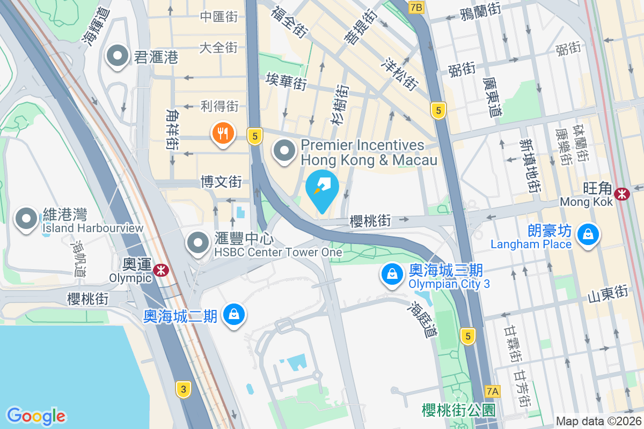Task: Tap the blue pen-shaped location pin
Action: (322, 189)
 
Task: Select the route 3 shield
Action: (184, 390)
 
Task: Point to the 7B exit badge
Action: (416, 7)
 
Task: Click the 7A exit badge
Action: (492, 391)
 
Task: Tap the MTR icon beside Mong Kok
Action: (623, 194)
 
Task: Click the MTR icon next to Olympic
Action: (160, 270)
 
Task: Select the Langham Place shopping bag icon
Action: (589, 234)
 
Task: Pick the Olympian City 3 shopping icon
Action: (393, 274)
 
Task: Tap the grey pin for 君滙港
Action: (116, 56)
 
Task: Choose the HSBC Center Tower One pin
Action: (198, 243)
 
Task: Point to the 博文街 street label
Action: (221, 181)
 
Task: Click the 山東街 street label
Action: (608, 293)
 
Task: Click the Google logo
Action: (36, 416)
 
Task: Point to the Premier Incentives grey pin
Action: (284, 151)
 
